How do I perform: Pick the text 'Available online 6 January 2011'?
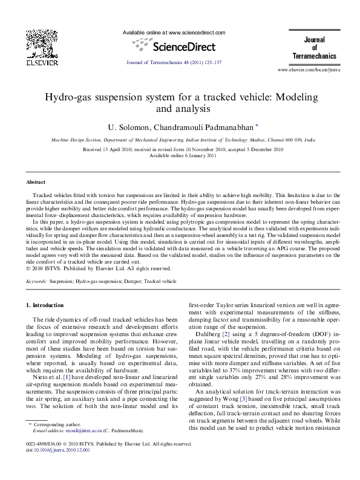(180, 155)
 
